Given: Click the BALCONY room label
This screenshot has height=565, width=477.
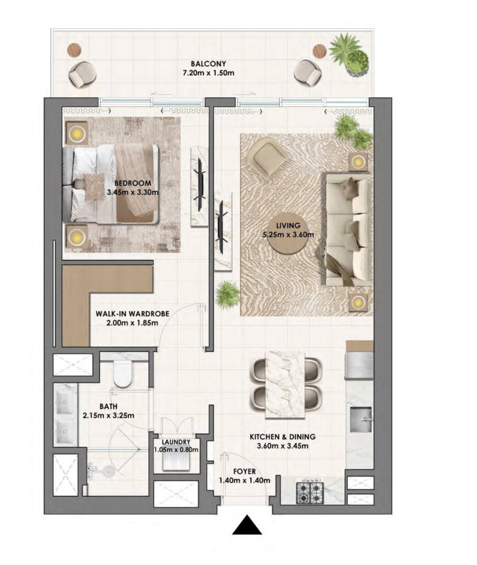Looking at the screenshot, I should [208, 63].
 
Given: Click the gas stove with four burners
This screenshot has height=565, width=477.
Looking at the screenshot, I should [310, 492].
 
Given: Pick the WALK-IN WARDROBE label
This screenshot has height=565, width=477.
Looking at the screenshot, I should [132, 313].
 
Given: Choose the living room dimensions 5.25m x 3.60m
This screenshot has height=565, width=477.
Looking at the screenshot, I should [290, 234].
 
